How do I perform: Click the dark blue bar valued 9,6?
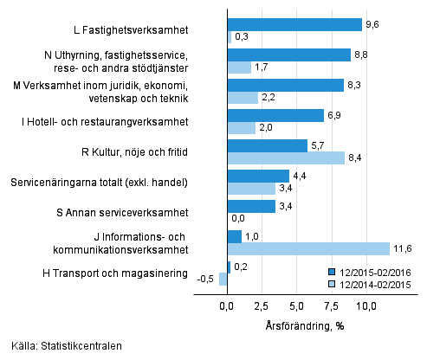[x=294, y=24]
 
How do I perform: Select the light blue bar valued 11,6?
[x=308, y=249]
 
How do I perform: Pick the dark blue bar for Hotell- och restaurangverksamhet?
[x=275, y=115]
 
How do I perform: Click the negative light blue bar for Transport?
[x=223, y=279]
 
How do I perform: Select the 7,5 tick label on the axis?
[x=333, y=306]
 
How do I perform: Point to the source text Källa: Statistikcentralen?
[x=61, y=346]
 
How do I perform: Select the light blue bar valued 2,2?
[x=243, y=98]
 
